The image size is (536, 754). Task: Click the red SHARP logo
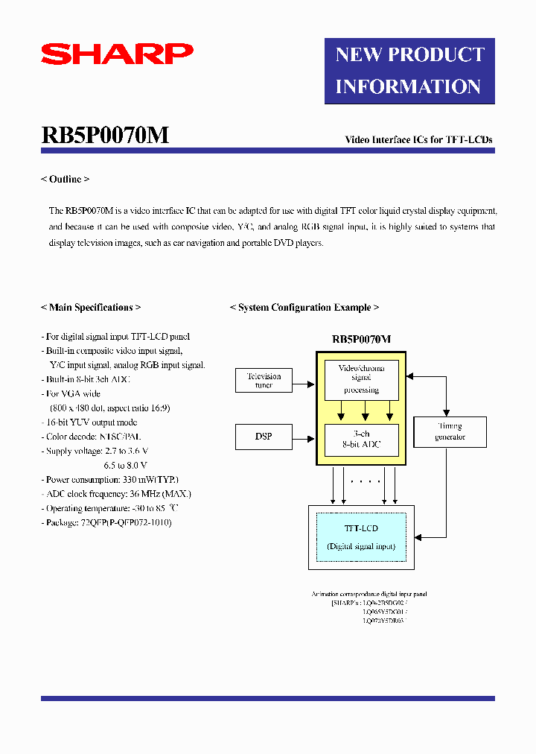click(117, 54)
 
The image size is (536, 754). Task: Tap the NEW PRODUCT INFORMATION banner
click(409, 71)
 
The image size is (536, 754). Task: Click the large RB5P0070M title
click(106, 135)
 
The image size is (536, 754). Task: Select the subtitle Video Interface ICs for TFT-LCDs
click(418, 139)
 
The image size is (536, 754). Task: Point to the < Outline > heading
click(65, 180)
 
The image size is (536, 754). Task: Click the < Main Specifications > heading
click(90, 307)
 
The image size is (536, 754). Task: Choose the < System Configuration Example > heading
click(304, 307)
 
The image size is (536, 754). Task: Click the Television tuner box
click(264, 381)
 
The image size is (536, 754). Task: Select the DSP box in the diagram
click(264, 437)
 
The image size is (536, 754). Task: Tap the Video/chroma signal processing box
click(361, 378)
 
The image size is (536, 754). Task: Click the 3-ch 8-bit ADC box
click(361, 439)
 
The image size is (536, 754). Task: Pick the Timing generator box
click(450, 432)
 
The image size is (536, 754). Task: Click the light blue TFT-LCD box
click(361, 537)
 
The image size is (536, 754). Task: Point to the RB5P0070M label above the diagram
click(361, 339)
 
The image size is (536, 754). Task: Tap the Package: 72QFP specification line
click(106, 522)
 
